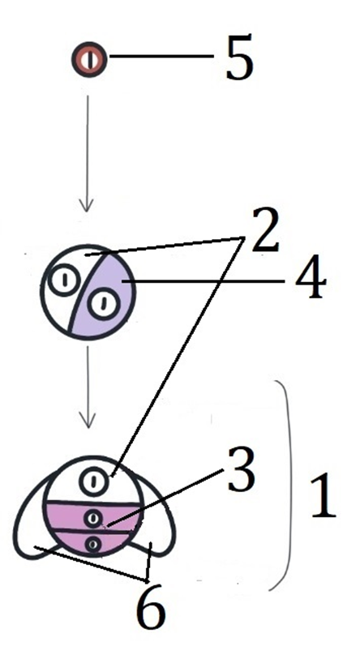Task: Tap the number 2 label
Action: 265,229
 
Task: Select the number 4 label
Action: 311,280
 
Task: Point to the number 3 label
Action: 242,469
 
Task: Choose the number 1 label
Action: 324,495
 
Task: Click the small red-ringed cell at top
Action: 89,60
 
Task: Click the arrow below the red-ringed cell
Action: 87,154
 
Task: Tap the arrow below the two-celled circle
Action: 88,387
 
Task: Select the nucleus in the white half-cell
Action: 65,280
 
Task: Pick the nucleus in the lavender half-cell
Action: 104,305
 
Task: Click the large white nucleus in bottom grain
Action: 94,481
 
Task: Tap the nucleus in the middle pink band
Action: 93,518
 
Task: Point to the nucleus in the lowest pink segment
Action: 93,544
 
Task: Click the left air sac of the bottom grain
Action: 35,519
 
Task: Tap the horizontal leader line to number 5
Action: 161,56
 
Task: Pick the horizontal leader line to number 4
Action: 202,281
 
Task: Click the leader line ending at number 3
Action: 164,498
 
